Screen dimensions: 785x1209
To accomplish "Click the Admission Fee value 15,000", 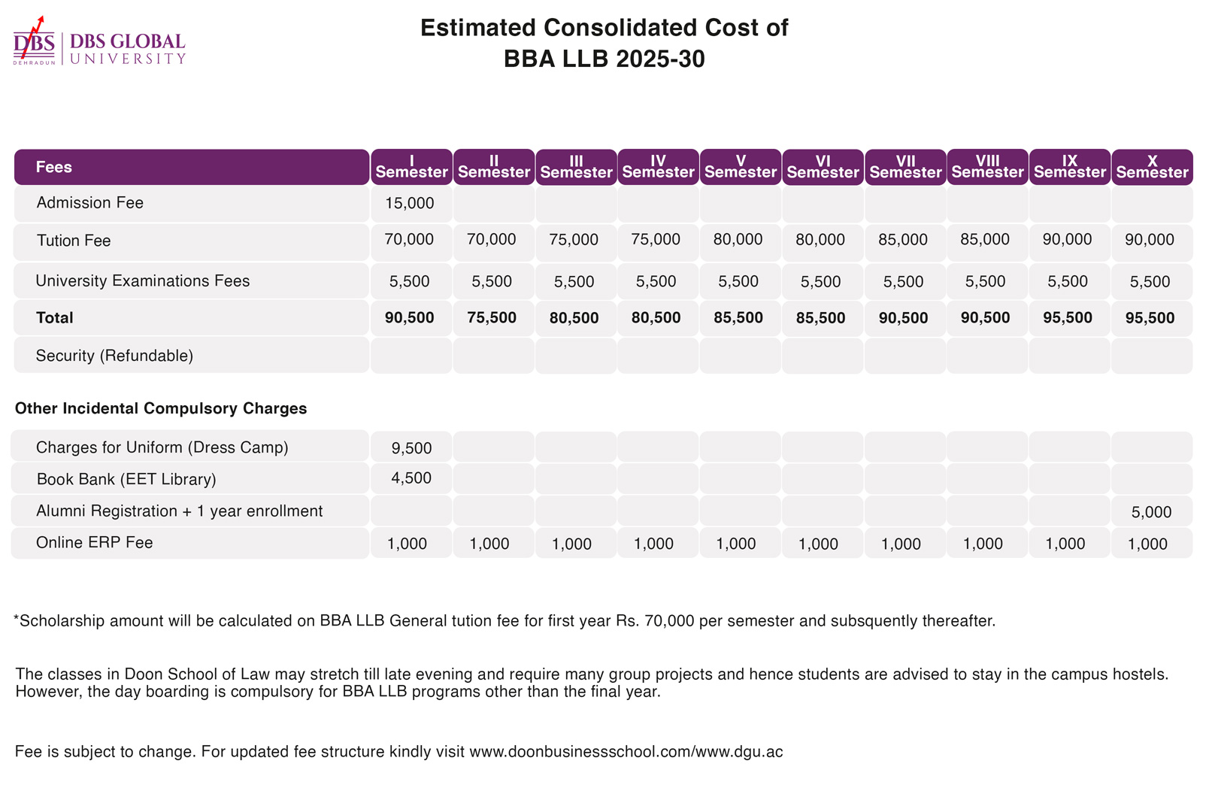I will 409,203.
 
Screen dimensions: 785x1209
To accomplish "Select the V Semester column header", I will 740,167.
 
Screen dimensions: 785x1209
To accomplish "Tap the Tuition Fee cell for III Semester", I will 574,240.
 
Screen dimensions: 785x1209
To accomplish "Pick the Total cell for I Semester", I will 409,318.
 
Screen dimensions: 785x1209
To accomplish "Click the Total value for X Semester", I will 1150,318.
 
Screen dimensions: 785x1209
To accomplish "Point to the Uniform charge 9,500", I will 411,449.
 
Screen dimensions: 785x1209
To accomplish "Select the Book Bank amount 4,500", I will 411,478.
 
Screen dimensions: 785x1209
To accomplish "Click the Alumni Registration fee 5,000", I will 1151,513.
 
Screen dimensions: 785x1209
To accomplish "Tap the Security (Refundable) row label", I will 114,356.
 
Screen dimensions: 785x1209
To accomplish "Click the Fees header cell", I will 54,167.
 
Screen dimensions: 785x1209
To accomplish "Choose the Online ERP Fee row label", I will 95,543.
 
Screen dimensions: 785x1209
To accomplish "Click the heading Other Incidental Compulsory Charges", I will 161,409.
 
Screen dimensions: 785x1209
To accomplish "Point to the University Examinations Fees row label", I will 143,281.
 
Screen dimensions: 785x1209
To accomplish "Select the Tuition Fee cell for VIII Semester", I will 985,240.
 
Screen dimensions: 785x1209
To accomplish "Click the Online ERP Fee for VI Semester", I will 818,544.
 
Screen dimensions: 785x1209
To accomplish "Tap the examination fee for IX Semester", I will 1068,282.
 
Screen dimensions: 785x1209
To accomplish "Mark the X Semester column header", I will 1152,167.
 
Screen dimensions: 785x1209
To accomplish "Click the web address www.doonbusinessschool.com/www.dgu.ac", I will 626,752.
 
